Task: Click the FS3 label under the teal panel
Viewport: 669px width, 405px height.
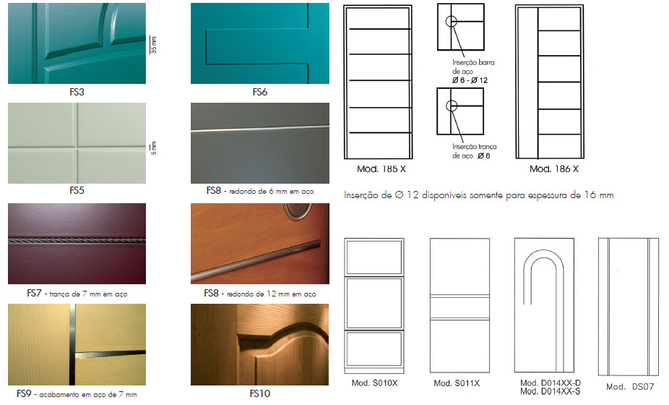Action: [77, 92]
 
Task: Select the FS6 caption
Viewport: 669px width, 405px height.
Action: [260, 92]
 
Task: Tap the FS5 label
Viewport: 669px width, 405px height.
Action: [77, 190]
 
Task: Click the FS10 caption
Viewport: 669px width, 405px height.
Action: [260, 393]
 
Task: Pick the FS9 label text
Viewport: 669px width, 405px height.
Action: [24, 393]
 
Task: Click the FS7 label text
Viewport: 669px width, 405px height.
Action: [34, 293]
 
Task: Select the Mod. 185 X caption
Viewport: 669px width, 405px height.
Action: [381, 169]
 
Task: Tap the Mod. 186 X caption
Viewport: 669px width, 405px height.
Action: [554, 169]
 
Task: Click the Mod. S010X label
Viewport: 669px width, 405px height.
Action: [374, 383]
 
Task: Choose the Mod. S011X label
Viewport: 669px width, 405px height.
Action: [457, 383]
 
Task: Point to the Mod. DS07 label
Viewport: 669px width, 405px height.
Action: [630, 387]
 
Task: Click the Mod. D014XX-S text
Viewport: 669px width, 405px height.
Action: [551, 391]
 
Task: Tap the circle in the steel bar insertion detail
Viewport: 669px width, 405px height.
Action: [451, 22]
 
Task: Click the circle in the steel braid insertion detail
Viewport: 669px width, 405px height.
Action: [452, 106]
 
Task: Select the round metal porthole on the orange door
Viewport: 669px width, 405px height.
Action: [298, 210]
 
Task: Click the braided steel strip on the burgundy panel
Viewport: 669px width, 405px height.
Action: [77, 241]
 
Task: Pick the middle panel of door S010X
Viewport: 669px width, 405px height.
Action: [374, 303]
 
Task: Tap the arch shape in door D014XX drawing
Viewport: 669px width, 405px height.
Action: [543, 251]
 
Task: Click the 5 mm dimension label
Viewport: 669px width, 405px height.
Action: [154, 148]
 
